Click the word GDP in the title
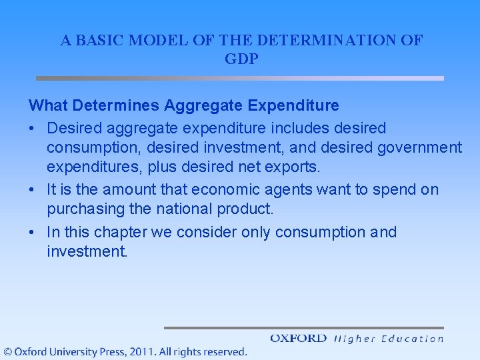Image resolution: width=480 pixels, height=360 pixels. pyautogui.click(x=241, y=59)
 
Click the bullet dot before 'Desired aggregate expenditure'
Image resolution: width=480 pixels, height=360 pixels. pyautogui.click(x=32, y=128)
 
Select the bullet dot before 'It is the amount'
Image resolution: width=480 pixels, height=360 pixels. pyautogui.click(x=32, y=190)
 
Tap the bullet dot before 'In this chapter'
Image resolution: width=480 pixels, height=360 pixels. pyautogui.click(x=32, y=233)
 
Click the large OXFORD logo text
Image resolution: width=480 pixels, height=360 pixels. pyautogui.click(x=298, y=338)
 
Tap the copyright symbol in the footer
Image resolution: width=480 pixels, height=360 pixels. pyautogui.click(x=7, y=351)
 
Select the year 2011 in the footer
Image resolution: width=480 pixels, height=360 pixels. pyautogui.click(x=143, y=351)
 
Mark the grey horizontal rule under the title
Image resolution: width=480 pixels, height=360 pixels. pyautogui.click(x=240, y=78)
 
